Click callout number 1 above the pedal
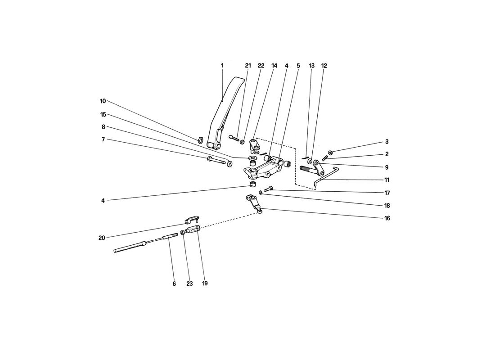click(222, 66)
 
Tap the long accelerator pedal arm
click(226, 112)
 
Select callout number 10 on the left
click(103, 101)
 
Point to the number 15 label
click(103, 115)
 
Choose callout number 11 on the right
click(387, 180)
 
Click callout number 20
click(102, 238)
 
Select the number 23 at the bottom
click(189, 283)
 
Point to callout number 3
click(387, 142)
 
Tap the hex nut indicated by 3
click(330, 152)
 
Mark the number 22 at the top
click(261, 66)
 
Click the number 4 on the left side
click(103, 201)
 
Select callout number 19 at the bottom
click(205, 283)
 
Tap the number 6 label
click(174, 284)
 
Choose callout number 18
click(387, 206)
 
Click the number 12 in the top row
click(324, 66)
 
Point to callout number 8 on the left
click(103, 127)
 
